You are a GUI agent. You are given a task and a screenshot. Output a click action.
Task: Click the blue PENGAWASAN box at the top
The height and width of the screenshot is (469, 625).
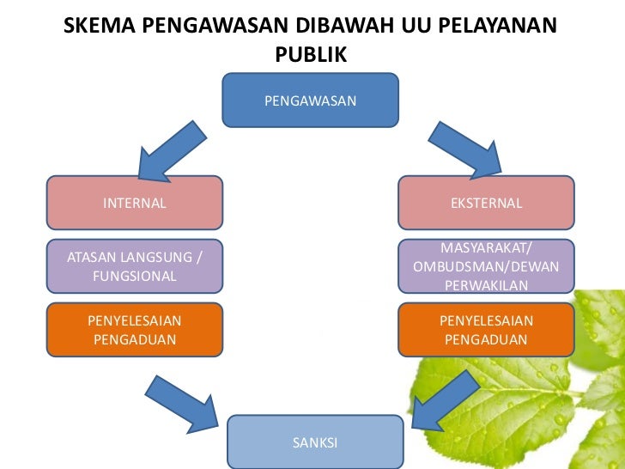pyautogui.click(x=310, y=100)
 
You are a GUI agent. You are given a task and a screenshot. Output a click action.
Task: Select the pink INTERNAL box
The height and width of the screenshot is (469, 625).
pyautogui.click(x=135, y=203)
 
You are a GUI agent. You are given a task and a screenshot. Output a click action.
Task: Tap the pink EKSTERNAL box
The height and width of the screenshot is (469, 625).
pyautogui.click(x=486, y=203)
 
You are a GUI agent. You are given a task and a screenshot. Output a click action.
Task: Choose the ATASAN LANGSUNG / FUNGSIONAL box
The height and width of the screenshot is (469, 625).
pyautogui.click(x=135, y=266)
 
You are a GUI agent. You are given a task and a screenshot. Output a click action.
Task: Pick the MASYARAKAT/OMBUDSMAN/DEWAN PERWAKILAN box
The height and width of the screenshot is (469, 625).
pyautogui.click(x=486, y=266)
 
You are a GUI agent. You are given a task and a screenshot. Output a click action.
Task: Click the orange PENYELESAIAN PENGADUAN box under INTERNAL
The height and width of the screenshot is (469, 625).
pyautogui.click(x=135, y=329)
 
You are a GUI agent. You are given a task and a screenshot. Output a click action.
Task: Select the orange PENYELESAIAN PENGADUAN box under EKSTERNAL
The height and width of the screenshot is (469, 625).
pyautogui.click(x=486, y=329)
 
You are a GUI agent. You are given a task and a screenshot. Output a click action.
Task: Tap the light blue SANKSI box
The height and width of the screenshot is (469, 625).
pyautogui.click(x=315, y=442)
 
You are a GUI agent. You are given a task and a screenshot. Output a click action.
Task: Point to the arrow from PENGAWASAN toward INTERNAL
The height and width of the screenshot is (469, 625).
pyautogui.click(x=171, y=153)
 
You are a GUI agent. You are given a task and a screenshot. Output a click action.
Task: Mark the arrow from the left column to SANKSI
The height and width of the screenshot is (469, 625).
pyautogui.click(x=183, y=402)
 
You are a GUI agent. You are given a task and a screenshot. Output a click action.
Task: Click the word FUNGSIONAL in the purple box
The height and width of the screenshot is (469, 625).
pyautogui.click(x=135, y=277)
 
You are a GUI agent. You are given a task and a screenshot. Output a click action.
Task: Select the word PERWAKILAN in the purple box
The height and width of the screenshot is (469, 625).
pyautogui.click(x=486, y=285)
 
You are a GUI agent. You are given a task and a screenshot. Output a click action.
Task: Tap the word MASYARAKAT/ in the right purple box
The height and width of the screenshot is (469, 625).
pyautogui.click(x=486, y=248)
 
